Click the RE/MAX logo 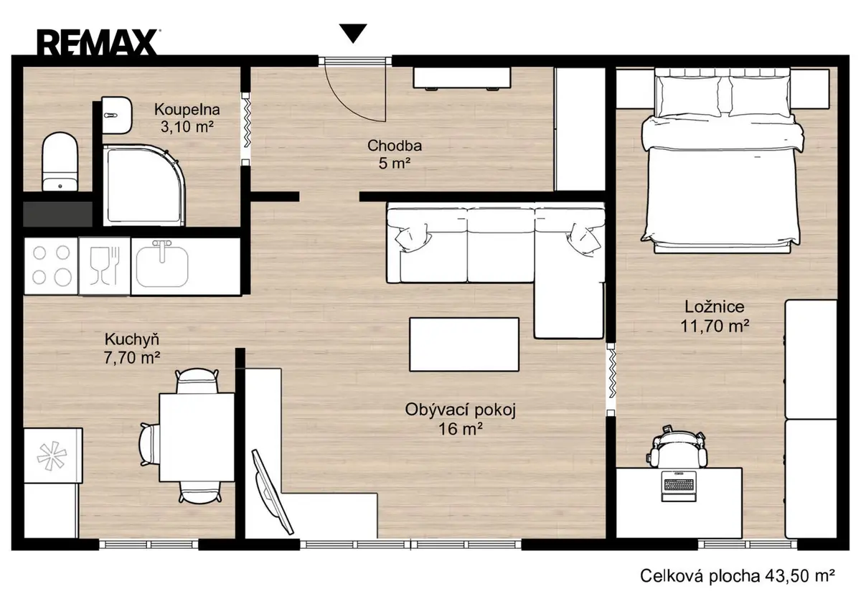(97, 42)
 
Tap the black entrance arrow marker (353, 34)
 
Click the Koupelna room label (187, 110)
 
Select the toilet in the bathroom (60, 162)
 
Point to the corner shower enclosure (144, 185)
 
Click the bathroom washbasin (117, 115)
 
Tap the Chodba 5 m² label (395, 154)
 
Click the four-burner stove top (51, 265)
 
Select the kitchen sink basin (163, 265)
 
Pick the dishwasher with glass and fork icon (105, 266)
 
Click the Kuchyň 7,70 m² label (132, 349)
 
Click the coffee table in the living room (464, 344)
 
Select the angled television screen (273, 492)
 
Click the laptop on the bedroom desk (679, 486)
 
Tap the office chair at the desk (677, 447)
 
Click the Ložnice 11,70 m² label (715, 316)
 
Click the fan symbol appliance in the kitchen (52, 455)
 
